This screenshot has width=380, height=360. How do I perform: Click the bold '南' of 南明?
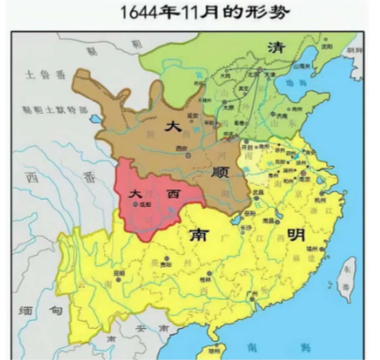pyautogui.click(x=199, y=234)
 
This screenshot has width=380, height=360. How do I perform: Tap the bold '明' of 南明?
pyautogui.click(x=298, y=234)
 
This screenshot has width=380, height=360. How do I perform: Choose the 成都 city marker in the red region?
pyautogui.click(x=139, y=207)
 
